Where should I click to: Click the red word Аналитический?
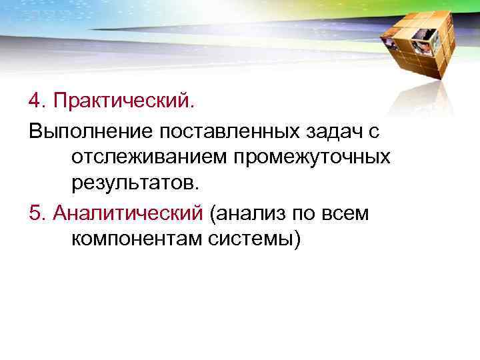tap(127, 213)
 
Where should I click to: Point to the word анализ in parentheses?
tap(247, 213)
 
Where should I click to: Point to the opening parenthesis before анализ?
tap(212, 213)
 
